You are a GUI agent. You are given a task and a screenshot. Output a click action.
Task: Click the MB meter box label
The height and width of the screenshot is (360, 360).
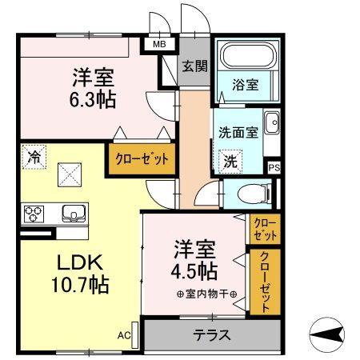point(160,46)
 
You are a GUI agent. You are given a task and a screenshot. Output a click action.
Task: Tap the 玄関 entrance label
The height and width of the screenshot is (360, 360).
point(194,66)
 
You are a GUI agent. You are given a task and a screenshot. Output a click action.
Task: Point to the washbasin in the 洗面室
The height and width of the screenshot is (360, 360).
point(271,123)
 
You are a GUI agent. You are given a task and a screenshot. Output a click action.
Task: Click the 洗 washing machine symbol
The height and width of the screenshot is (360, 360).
point(230,159)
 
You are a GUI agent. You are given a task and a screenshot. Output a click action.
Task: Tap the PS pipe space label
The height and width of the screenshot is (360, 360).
point(274,167)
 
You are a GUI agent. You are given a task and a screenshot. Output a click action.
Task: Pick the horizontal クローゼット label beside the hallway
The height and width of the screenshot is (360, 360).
point(142,158)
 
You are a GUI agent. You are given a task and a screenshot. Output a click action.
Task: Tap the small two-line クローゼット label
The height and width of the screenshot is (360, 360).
point(264,229)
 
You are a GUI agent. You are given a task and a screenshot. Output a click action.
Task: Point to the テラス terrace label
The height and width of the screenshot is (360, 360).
point(211,335)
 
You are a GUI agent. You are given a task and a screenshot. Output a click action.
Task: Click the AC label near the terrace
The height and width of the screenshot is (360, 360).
point(124,335)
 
